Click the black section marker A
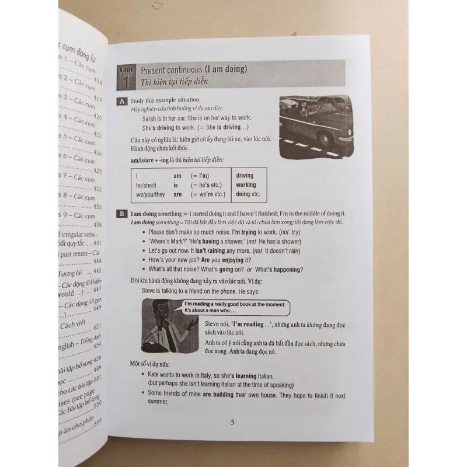pos(122,102)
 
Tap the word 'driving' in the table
pos(245,176)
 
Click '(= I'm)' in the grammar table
pos(200,176)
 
